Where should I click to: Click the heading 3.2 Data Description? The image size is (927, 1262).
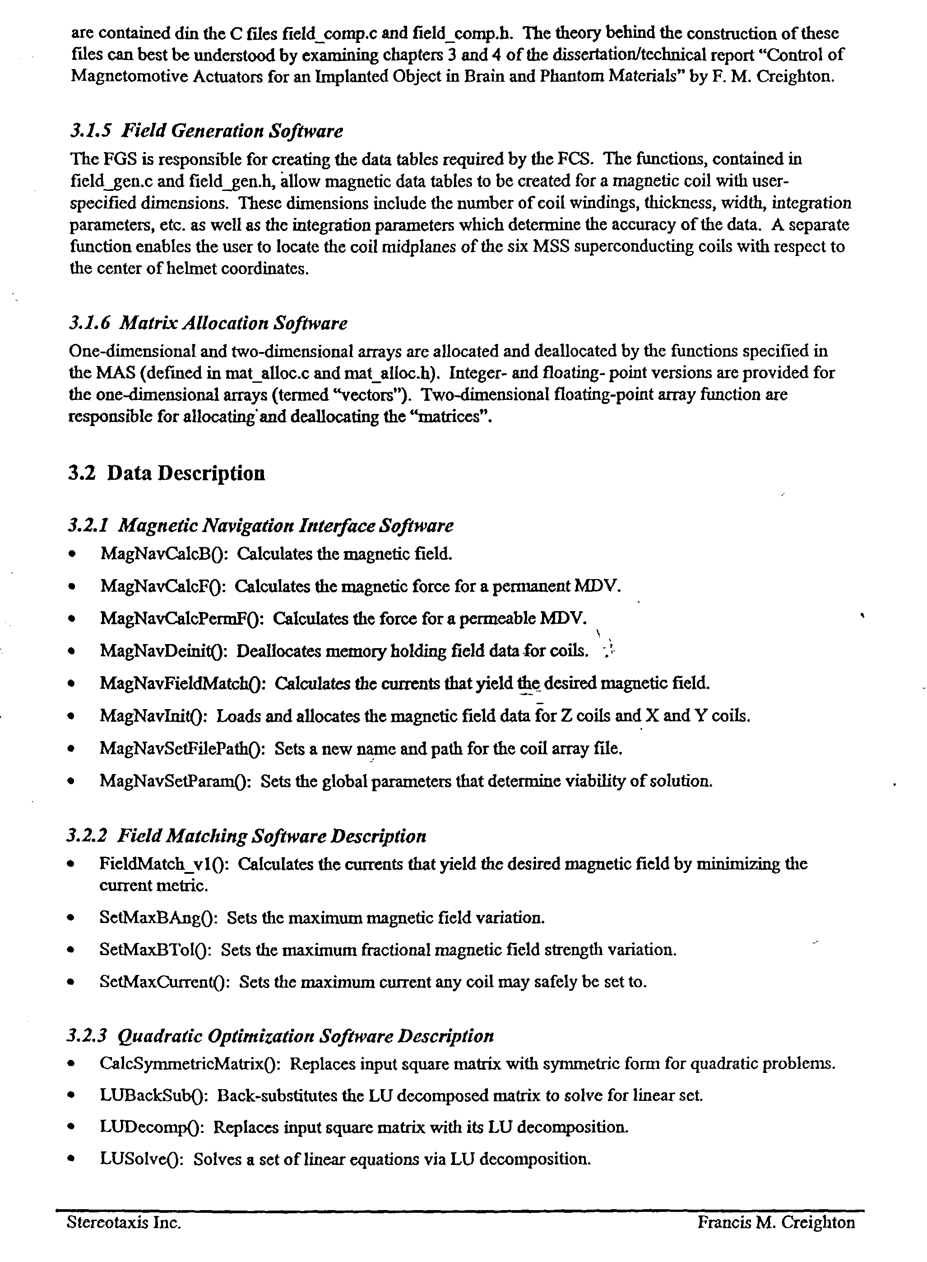click(x=166, y=473)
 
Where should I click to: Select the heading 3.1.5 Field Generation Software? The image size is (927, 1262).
click(x=206, y=131)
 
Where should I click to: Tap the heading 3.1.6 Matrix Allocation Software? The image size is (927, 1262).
click(x=208, y=323)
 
